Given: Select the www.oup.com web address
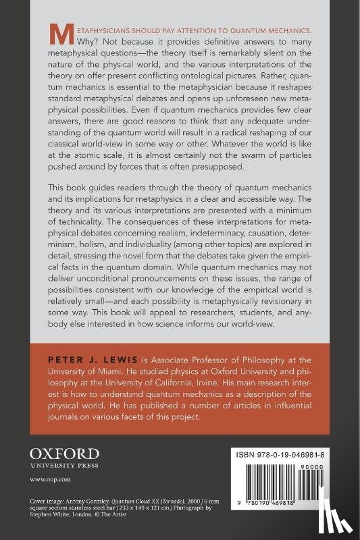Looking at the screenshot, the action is (x=45, y=479).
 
